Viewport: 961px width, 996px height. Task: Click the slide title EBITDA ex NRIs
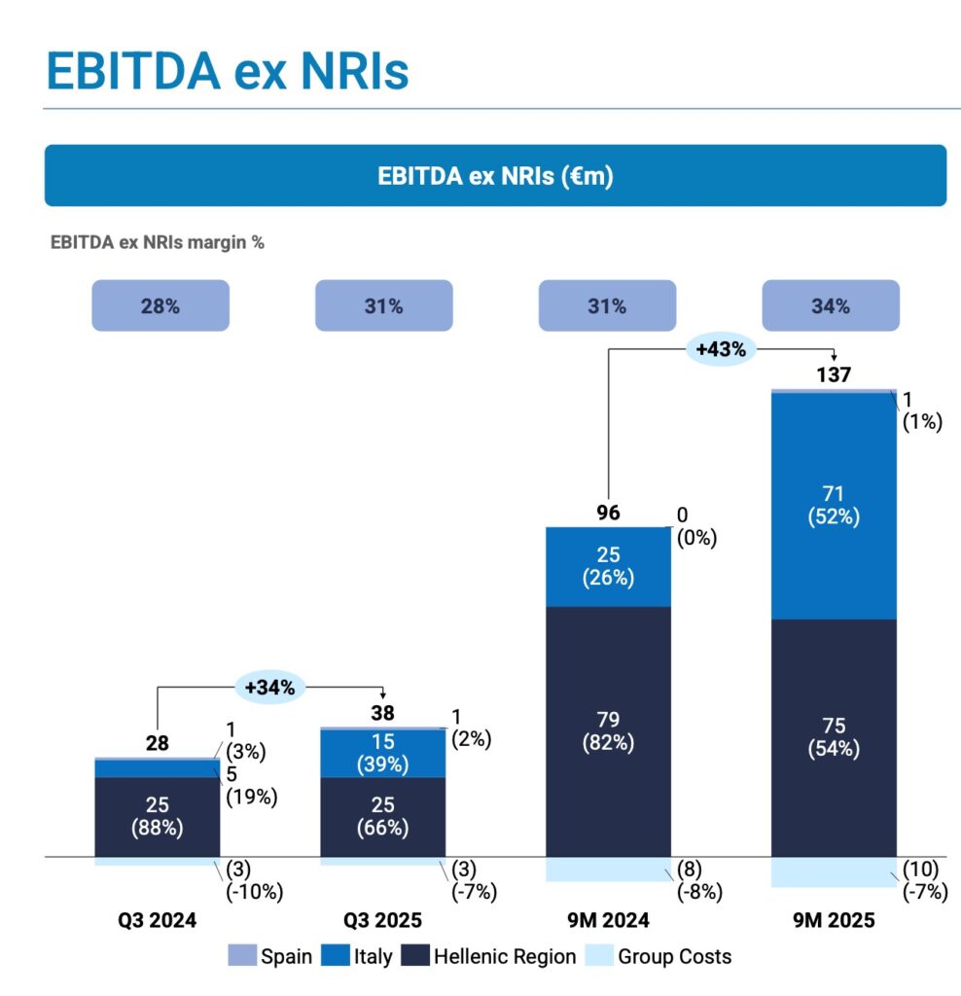(228, 72)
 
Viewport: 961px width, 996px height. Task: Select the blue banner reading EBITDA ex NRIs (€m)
(495, 176)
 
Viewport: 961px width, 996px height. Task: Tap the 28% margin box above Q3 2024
(160, 305)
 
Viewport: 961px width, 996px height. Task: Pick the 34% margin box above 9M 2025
(830, 305)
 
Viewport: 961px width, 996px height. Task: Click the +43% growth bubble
(721, 349)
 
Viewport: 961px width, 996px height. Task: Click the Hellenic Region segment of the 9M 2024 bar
(608, 731)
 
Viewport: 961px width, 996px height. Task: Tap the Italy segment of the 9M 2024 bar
(608, 566)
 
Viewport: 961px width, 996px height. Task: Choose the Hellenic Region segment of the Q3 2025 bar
(383, 817)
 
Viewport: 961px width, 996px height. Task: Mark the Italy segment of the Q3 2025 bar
(383, 753)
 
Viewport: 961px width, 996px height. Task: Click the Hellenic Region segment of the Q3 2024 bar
(157, 817)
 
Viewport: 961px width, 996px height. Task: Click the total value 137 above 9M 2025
(833, 375)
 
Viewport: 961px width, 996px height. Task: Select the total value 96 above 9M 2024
(608, 513)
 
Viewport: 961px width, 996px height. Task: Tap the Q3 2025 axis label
(383, 920)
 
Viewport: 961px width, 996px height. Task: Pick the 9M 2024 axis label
(608, 920)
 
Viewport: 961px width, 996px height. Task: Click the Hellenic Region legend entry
(492, 956)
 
